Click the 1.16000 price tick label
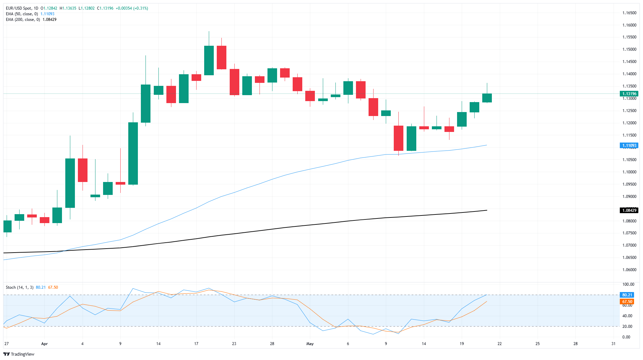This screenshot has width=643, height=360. tap(629, 25)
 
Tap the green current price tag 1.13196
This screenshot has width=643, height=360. tap(629, 94)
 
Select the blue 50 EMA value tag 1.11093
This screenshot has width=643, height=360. tap(629, 146)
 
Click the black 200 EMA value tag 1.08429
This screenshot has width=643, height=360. tap(629, 210)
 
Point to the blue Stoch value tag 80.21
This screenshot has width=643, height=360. tap(627, 295)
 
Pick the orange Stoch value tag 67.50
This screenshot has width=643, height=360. tap(627, 302)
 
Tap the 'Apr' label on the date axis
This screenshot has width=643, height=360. tap(44, 344)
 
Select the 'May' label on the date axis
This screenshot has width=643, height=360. tap(310, 344)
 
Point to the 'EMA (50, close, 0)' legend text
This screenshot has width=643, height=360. tap(22, 14)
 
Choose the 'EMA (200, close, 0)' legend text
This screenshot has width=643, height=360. tap(23, 20)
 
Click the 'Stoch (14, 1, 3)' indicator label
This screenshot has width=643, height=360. tap(20, 287)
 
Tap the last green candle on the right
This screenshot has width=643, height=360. tap(487, 98)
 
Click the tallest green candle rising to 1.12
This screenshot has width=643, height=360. tap(133, 153)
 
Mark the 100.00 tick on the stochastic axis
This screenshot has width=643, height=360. tap(628, 284)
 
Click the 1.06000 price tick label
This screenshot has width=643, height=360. tap(629, 270)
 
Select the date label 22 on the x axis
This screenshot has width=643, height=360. tap(499, 344)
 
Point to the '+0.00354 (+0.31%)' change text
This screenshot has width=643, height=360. tap(132, 8)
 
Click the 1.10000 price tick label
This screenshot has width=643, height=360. tap(629, 172)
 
